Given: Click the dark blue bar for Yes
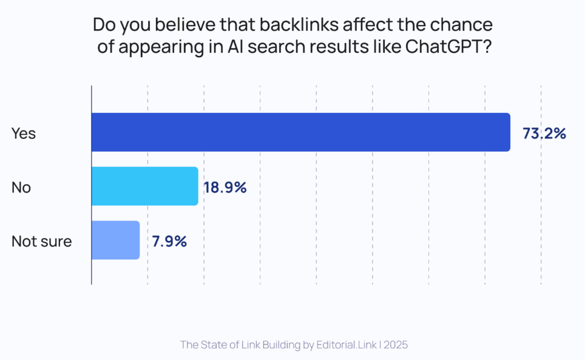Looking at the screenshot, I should click(300, 132).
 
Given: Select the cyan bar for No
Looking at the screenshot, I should click(145, 186).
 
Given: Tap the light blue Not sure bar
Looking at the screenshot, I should click(116, 240).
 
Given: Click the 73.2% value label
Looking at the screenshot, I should click(544, 134).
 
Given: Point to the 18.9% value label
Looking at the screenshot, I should click(225, 188).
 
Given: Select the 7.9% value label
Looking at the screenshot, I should click(169, 241).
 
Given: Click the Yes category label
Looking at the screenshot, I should click(24, 134).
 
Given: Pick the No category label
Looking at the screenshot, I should click(21, 188).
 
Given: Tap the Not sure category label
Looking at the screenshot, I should click(42, 241).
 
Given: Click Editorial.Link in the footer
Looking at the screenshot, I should click(345, 345).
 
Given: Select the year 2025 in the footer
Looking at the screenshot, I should click(396, 345).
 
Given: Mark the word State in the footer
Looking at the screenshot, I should click(214, 345).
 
